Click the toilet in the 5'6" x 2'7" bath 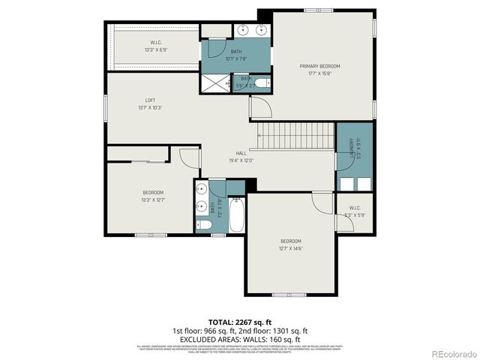pyautogui.click(x=259, y=82)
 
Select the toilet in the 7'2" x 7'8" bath pyautogui.click(x=203, y=223)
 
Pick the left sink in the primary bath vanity pyautogui.click(x=244, y=31)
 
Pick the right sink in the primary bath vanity pyautogui.click(x=262, y=31)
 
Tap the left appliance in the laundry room pyautogui.click(x=346, y=184)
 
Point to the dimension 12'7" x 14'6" pyautogui.click(x=291, y=248)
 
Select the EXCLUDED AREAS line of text pyautogui.click(x=239, y=338)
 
